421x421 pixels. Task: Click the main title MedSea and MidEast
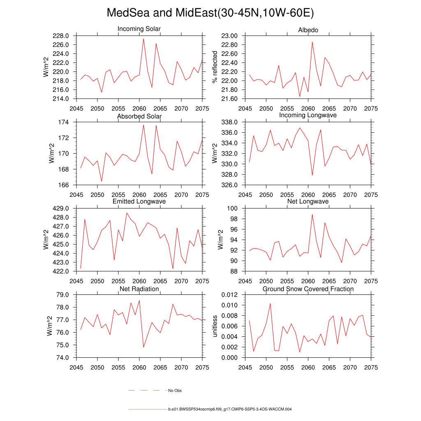click(x=210, y=13)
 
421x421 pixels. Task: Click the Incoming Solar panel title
click(x=139, y=29)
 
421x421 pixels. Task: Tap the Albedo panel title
click(x=308, y=30)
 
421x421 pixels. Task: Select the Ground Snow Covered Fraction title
click(x=308, y=289)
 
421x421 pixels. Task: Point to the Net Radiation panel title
click(x=139, y=289)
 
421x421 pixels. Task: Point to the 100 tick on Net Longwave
click(x=234, y=208)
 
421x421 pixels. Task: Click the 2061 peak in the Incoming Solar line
click(x=143, y=39)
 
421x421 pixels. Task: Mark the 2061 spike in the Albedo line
click(x=312, y=42)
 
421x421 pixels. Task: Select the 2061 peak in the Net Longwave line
click(x=312, y=214)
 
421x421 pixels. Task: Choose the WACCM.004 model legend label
click(x=230, y=409)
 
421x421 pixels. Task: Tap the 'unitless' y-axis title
click(x=214, y=326)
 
